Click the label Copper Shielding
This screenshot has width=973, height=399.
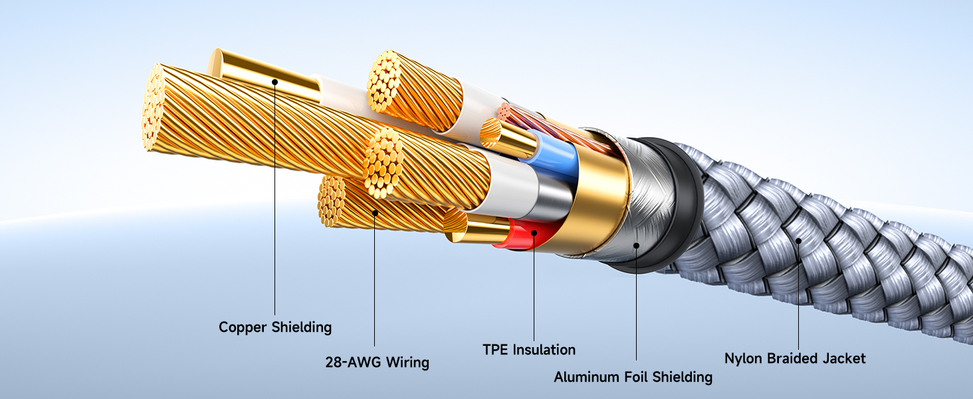point(275,327)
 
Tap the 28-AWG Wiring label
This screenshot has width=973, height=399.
point(377,362)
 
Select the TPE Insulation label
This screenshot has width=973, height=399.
point(529,349)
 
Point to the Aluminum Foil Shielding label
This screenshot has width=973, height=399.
point(633,377)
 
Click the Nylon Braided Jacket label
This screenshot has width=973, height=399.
point(795,358)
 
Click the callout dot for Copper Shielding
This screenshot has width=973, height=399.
point(274,82)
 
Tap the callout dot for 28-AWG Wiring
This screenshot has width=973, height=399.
point(375,213)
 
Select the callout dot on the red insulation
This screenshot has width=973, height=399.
point(534,233)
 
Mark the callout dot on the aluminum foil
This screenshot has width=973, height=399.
point(636,245)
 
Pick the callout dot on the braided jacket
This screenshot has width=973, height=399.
point(798,241)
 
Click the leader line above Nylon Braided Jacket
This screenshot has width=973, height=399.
point(798,295)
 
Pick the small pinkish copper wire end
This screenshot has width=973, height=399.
point(504,112)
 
